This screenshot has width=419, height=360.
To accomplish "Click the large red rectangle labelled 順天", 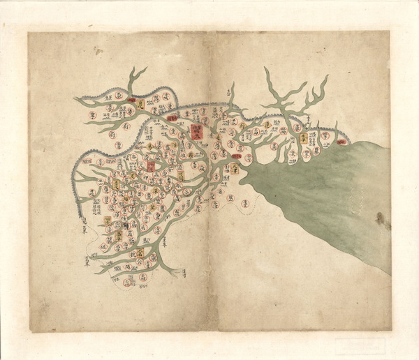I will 193,130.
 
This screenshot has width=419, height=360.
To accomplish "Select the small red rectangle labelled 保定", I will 151,167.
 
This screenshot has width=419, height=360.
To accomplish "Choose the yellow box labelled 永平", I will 304,140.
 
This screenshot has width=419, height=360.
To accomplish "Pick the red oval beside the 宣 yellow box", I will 132,102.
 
